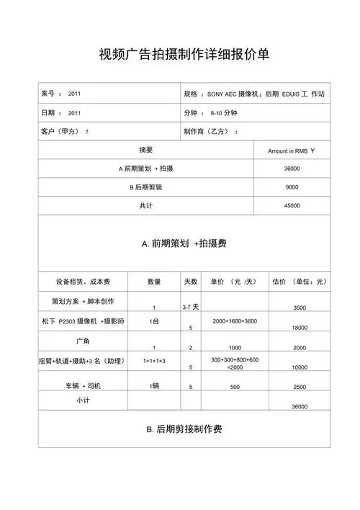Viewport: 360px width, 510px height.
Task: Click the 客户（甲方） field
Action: [x=65, y=132]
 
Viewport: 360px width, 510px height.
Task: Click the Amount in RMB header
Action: [x=292, y=151]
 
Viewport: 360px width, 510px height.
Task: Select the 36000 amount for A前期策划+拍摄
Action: [x=292, y=169]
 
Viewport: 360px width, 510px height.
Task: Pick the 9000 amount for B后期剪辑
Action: [x=292, y=187]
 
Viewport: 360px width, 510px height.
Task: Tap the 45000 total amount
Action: [x=292, y=206]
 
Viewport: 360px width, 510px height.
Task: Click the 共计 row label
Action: [x=145, y=206]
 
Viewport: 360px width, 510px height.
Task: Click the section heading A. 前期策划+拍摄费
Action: [x=184, y=244]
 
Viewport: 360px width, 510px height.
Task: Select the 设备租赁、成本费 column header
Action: [x=81, y=281]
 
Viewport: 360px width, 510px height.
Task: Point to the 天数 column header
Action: [x=190, y=281]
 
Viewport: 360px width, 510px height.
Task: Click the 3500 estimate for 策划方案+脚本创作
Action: [x=300, y=308]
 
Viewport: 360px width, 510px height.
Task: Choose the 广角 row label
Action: [x=82, y=339]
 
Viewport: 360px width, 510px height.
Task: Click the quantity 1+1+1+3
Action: [x=154, y=359]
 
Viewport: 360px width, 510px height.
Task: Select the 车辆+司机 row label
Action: [x=82, y=386]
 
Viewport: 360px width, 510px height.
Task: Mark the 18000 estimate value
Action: [x=300, y=327]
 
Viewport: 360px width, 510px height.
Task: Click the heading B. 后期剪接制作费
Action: [x=184, y=429]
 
